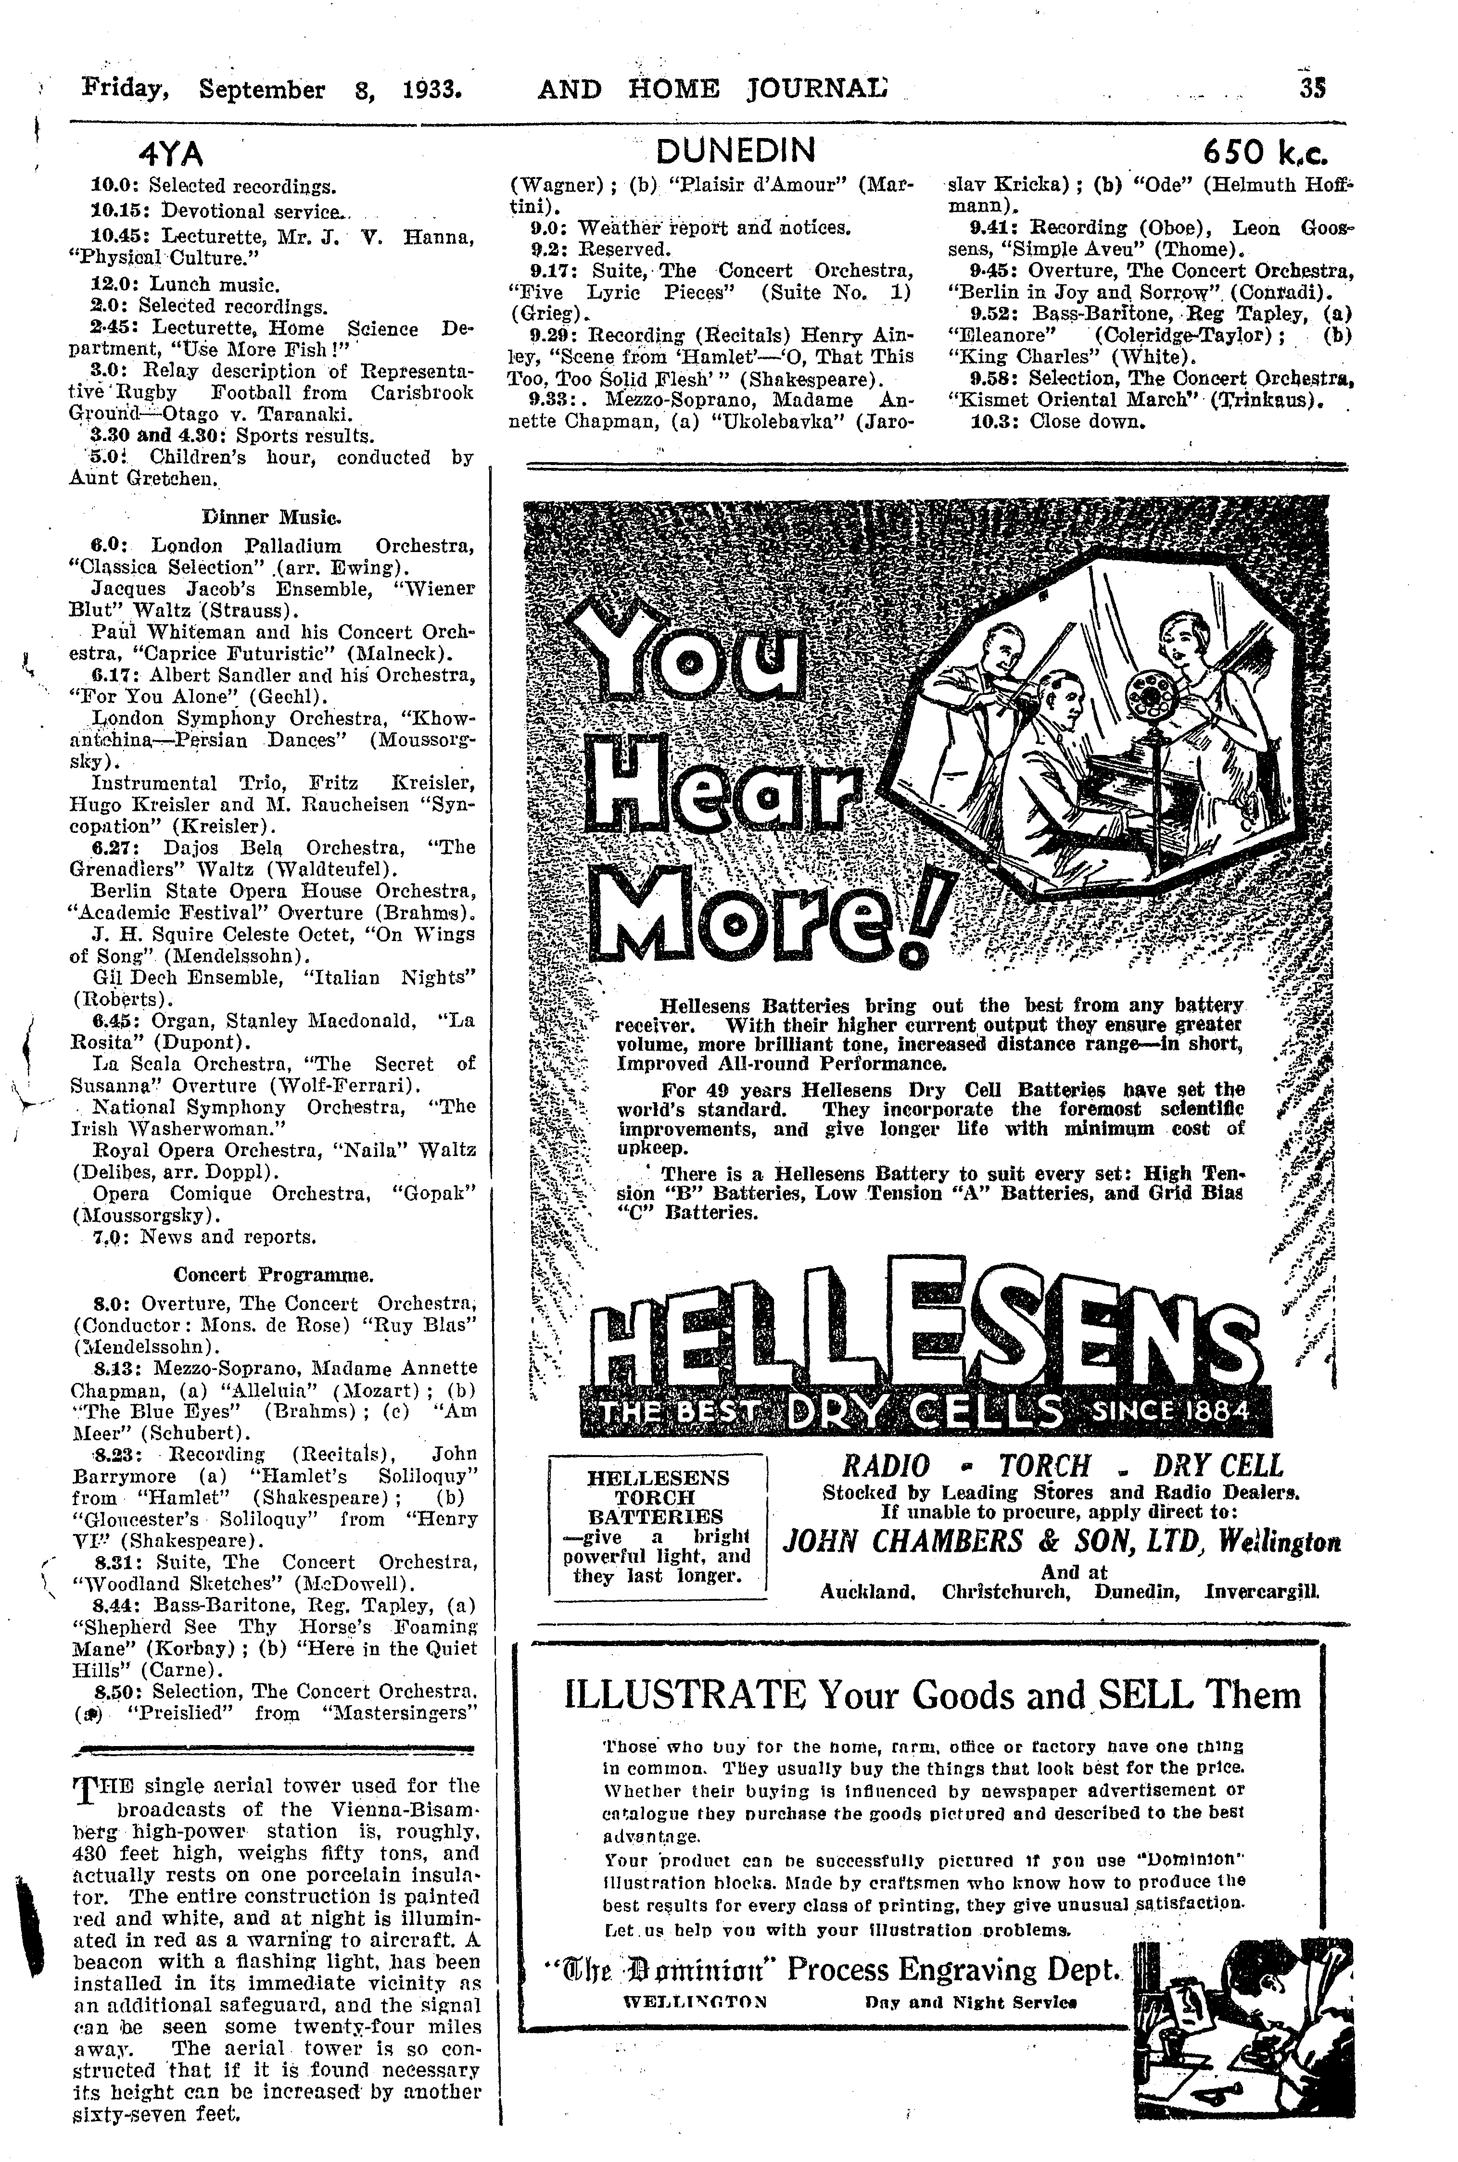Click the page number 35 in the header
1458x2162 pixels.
click(1312, 88)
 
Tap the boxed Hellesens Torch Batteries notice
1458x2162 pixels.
click(658, 1527)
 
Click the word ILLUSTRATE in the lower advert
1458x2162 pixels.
click(685, 1695)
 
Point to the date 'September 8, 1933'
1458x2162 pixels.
click(330, 89)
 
